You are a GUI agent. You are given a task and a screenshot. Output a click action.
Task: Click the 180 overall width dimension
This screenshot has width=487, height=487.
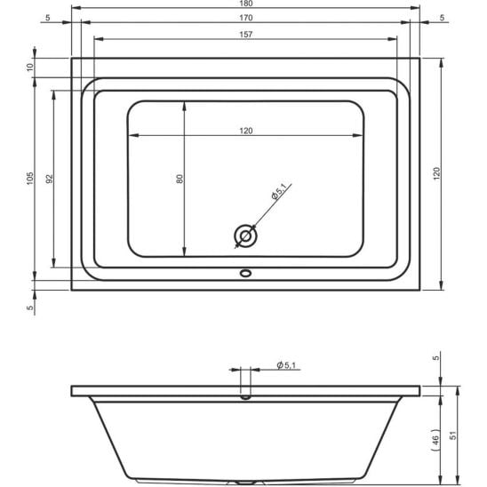tap(245, 5)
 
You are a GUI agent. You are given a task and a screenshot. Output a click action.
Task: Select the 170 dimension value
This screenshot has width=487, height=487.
tap(245, 18)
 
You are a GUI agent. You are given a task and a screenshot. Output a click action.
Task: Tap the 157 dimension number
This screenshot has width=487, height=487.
tap(245, 35)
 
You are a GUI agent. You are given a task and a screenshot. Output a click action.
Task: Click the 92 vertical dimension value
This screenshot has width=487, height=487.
tap(51, 178)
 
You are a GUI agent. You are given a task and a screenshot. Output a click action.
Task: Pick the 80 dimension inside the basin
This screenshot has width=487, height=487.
tap(180, 178)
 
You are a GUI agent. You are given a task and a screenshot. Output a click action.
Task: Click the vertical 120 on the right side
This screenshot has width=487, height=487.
tap(436, 174)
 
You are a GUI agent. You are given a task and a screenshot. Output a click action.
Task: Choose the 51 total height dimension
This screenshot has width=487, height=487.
tap(454, 436)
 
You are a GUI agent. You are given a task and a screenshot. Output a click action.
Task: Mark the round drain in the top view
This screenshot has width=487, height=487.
tap(245, 236)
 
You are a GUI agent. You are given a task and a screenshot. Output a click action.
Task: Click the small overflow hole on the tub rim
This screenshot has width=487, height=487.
tap(245, 275)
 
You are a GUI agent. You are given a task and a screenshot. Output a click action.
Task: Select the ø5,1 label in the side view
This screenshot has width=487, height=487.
tap(286, 365)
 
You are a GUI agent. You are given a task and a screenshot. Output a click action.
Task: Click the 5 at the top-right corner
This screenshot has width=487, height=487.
tap(443, 18)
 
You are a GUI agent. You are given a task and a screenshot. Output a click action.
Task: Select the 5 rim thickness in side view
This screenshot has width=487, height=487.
tap(436, 358)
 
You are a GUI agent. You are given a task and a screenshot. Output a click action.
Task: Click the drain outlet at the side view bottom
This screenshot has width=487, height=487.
tap(245, 483)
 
